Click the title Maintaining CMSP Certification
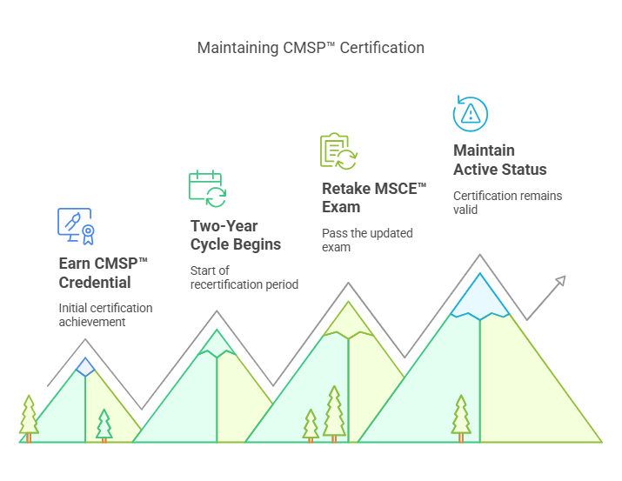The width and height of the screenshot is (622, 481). point(311,48)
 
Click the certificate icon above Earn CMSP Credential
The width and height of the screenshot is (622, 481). point(75,225)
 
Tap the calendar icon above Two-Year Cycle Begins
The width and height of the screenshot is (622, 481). point(207,188)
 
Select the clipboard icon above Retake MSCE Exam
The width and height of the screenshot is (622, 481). point(338,151)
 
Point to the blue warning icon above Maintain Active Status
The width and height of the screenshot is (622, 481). point(471,114)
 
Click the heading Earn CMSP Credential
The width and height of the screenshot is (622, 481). point(104,272)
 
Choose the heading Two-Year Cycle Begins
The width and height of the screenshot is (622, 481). point(235,235)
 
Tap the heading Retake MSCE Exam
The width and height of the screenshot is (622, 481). point(374,197)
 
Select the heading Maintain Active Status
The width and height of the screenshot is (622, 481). point(499,160)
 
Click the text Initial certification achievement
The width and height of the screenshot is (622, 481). point(105,315)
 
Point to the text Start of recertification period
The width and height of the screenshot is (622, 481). point(244,277)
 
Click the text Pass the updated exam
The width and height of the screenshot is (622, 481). point(367,240)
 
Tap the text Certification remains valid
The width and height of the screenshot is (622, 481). point(507,202)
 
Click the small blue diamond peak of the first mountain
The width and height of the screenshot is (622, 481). point(84,366)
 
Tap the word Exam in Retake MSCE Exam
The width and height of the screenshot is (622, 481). point(341,207)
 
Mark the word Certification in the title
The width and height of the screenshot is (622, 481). point(382,48)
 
